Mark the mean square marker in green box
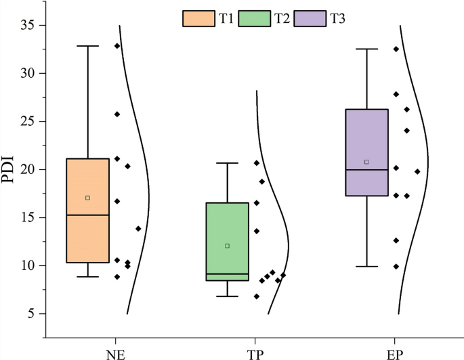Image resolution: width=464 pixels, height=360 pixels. (x=227, y=246)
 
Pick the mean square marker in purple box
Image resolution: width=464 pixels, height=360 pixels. (x=366, y=162)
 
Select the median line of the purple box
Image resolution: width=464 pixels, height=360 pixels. (x=366, y=170)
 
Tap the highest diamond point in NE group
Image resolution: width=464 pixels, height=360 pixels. (x=117, y=46)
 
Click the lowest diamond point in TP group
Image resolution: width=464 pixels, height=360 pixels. (x=256, y=296)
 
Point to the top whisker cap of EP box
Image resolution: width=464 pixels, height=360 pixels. (x=366, y=49)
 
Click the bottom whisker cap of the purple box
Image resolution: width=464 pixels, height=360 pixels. (x=366, y=267)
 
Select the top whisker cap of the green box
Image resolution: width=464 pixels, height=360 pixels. (x=227, y=163)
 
